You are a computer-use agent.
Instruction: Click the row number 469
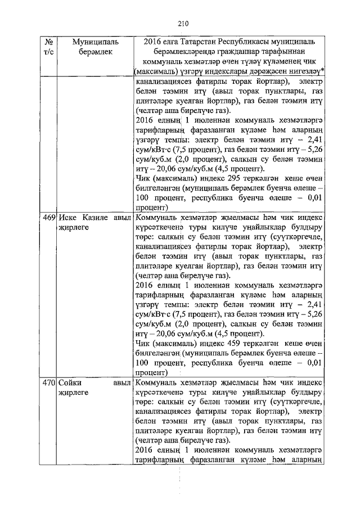pos(48,218)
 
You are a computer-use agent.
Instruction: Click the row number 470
pos(48,382)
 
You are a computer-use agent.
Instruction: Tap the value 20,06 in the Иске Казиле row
pos(160,332)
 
